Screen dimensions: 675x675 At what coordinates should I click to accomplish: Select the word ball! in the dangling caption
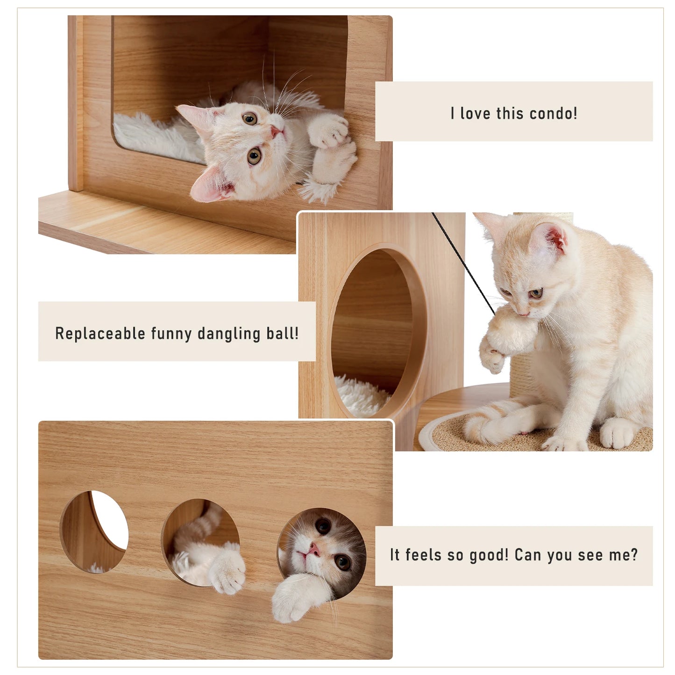coord(282,334)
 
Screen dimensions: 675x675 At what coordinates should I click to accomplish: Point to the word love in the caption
coord(476,114)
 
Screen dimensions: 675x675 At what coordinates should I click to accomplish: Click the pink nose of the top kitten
coord(277,131)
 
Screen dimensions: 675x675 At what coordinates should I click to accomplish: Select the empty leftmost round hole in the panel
coord(94,531)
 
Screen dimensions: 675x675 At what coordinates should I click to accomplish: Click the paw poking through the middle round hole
coord(228,570)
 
